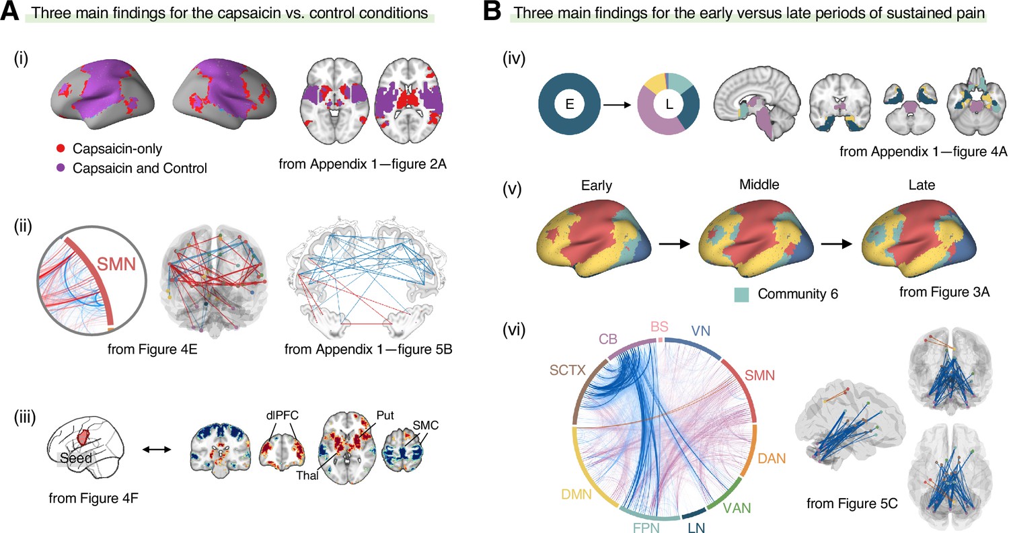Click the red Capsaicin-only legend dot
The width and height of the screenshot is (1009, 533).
tap(61, 149)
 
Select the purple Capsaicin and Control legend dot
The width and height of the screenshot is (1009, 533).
tap(61, 168)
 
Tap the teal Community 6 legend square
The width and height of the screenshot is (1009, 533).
tap(741, 294)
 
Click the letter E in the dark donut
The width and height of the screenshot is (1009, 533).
tap(569, 104)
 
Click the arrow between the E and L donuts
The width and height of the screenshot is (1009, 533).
tap(617, 105)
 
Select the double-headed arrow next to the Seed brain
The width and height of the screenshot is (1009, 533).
tap(157, 449)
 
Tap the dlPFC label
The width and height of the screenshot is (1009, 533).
tap(282, 415)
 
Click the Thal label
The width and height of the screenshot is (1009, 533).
tap(307, 475)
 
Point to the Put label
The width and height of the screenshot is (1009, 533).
tap(385, 415)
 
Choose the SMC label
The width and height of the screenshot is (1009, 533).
tap(425, 425)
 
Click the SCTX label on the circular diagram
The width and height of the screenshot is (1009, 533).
tap(568, 370)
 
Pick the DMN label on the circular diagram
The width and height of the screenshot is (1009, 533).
tap(576, 494)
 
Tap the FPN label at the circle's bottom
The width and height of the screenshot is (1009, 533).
tap(646, 528)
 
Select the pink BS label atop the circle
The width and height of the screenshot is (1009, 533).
tap(659, 327)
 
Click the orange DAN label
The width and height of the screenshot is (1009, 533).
tap(772, 458)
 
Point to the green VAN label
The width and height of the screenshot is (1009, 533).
tap(737, 508)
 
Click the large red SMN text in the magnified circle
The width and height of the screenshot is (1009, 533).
tap(116, 263)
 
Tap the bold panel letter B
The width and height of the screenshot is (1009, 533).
tap(492, 11)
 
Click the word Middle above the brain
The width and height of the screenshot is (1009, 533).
tap(759, 185)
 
